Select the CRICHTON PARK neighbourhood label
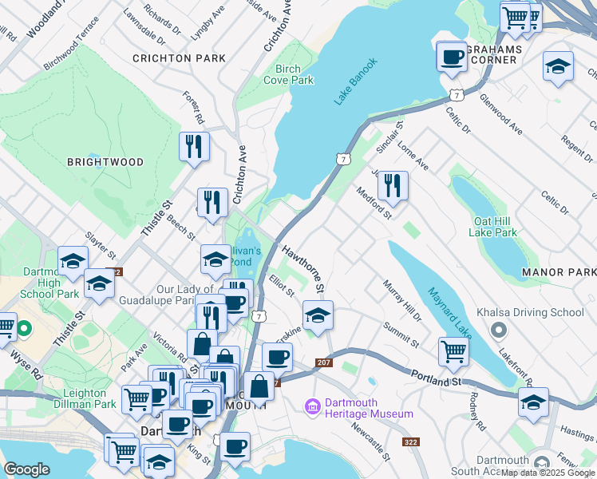click(x=179, y=58)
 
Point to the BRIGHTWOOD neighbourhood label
click(x=105, y=162)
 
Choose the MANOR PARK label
click(x=559, y=272)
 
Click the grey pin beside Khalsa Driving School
click(x=499, y=329)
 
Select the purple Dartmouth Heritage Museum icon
click(x=312, y=408)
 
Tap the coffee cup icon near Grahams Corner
click(x=453, y=57)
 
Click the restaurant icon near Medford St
click(x=392, y=187)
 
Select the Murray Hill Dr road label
click(x=401, y=299)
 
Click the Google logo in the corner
click(x=26, y=469)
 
